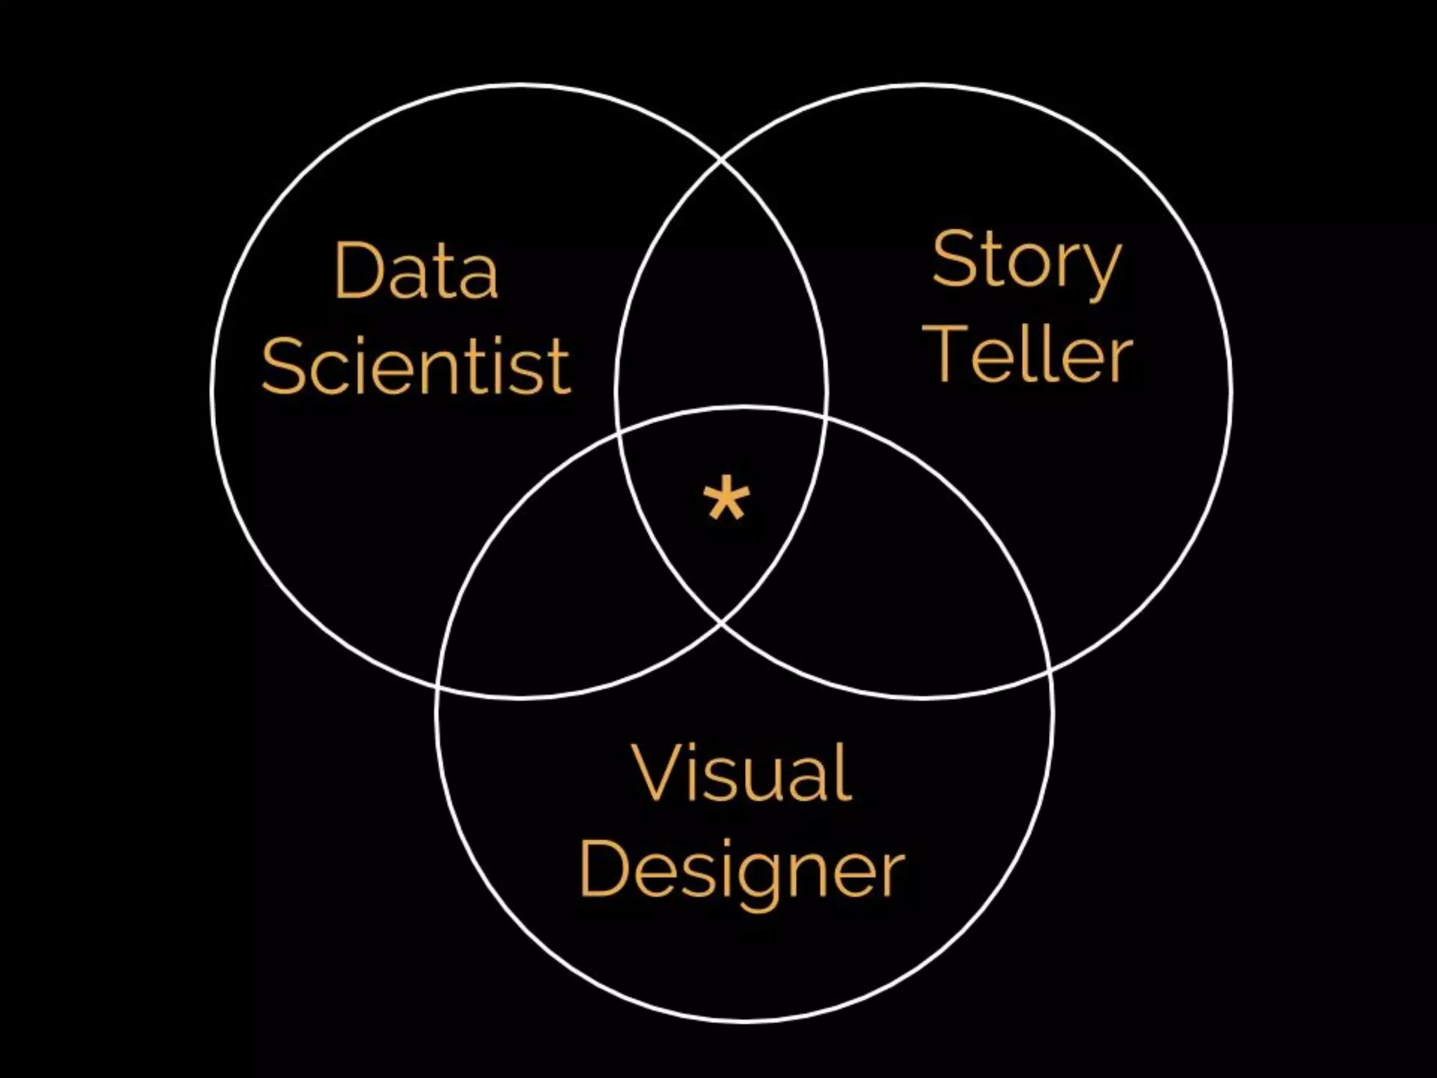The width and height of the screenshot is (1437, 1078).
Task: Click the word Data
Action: tap(417, 271)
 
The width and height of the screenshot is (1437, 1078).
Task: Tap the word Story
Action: tap(1026, 262)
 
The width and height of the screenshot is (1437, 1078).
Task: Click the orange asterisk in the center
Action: tap(726, 499)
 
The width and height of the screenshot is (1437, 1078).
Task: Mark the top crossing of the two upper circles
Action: tap(722, 160)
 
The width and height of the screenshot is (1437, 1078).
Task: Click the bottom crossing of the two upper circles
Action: tap(722, 622)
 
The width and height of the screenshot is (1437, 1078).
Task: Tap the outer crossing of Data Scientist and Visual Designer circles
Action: tap(438, 686)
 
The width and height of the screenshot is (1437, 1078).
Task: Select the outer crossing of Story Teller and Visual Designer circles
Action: tap(1050, 671)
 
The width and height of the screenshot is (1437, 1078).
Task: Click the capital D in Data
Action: tap(359, 271)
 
